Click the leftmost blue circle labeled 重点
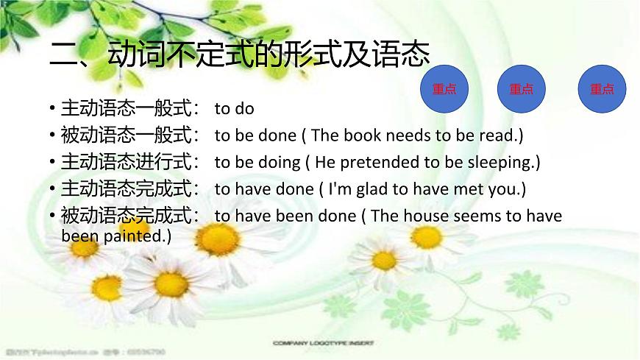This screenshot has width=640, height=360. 444,89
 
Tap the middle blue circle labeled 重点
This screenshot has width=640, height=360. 522,89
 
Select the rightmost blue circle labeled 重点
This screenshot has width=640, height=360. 602,89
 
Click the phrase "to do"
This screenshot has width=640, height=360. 234,109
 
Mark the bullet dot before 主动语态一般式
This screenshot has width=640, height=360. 53,109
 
